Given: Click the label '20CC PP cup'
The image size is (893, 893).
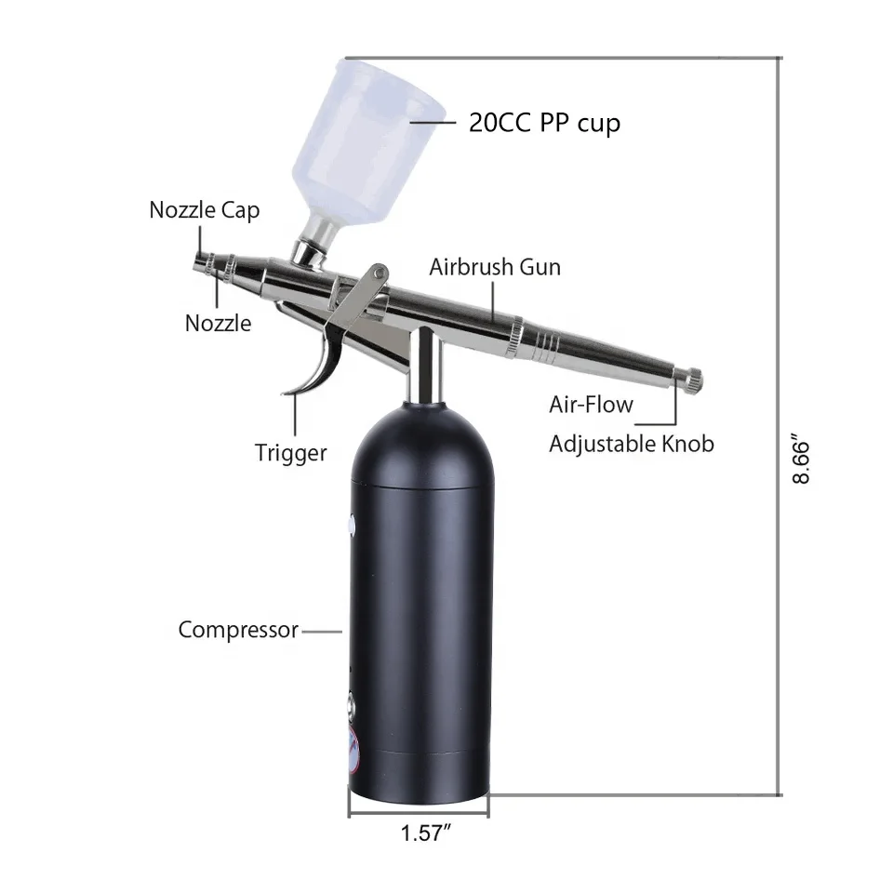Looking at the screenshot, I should click(x=544, y=123).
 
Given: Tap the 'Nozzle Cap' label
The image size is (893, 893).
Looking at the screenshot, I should click(x=205, y=210).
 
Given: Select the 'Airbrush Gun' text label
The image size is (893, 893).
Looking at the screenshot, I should click(x=495, y=267).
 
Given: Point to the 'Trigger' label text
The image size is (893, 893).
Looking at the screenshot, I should click(x=291, y=453).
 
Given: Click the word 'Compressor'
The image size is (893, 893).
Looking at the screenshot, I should click(x=238, y=630).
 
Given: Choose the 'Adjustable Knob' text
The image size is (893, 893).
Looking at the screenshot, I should click(x=631, y=444).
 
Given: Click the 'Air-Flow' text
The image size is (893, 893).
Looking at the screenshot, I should click(x=591, y=404).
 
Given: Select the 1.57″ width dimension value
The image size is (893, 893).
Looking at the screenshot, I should click(x=420, y=833).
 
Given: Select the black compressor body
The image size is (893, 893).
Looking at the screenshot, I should click(x=419, y=605).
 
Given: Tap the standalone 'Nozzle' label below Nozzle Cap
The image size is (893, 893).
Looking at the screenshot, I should click(x=218, y=323).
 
